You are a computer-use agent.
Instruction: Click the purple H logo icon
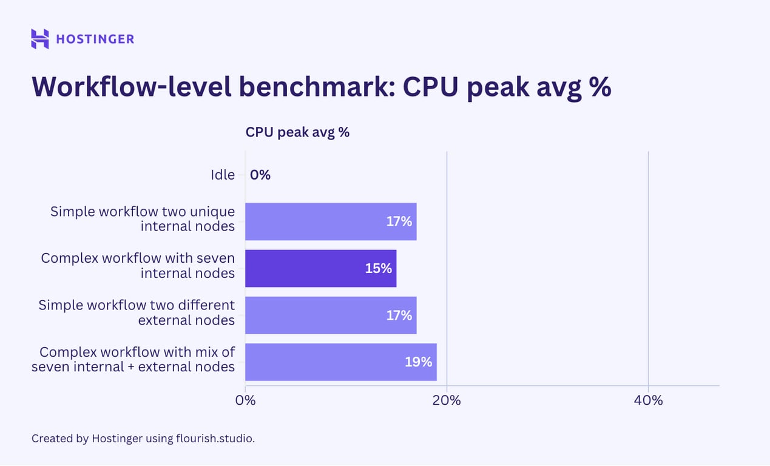[x=39, y=39]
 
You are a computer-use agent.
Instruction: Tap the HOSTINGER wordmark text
[x=95, y=39]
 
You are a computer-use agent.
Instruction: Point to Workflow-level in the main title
[x=130, y=87]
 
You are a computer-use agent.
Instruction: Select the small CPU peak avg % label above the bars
[x=297, y=132]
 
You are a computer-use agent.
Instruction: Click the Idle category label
[x=222, y=175]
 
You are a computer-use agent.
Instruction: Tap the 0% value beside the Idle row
[x=260, y=175]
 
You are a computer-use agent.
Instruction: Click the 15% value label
[x=379, y=268]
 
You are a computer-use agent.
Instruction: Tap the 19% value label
[x=419, y=362]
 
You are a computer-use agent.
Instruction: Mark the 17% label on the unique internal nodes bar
[x=399, y=221]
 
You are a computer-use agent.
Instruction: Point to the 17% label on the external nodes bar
[x=399, y=315]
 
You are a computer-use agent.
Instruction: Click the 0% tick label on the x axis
[x=245, y=400]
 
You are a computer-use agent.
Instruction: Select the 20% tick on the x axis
[x=447, y=400]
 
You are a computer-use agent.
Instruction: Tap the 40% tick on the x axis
[x=648, y=400]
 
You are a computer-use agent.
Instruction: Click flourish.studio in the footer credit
[x=215, y=438]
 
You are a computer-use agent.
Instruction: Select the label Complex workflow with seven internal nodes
[x=138, y=266]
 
